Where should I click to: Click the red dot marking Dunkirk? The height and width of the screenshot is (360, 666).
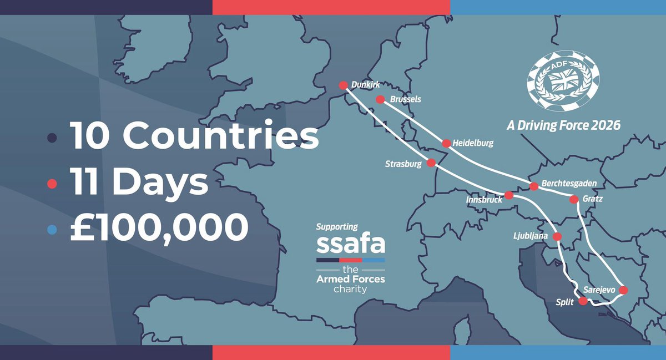coord(343,85)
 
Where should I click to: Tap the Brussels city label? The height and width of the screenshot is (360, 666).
coord(406,99)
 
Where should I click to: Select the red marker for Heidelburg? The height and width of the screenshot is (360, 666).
coord(446,143)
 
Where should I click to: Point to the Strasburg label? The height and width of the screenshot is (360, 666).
coord(403,164)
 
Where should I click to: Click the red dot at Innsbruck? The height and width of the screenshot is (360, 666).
coord(509,195)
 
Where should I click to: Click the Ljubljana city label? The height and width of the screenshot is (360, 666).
coord(531,236)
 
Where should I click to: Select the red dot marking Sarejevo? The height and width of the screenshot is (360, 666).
coord(623,290)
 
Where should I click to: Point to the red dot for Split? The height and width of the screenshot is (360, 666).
coord(583,301)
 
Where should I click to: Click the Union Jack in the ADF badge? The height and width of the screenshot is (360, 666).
coord(563,82)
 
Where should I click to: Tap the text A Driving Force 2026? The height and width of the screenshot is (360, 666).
coord(563,125)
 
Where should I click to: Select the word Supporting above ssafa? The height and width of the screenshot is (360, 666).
coord(337,227)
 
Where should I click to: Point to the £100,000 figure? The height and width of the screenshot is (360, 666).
coord(158,227)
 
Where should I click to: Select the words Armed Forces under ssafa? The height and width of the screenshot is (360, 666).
coord(350,278)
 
